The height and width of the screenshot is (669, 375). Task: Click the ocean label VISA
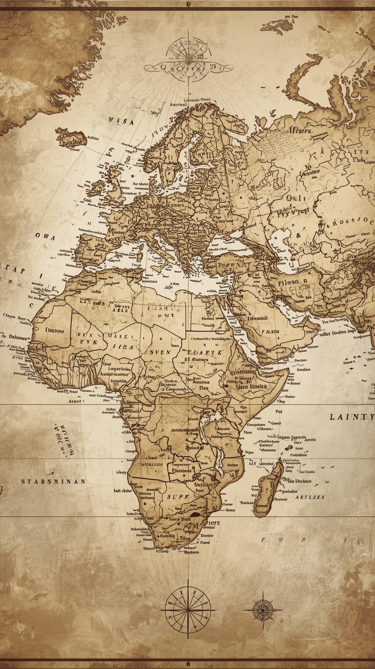tap(121, 121)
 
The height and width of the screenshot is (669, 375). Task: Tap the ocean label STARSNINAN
tap(54, 481)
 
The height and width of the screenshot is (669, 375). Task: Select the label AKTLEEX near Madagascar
tap(310, 498)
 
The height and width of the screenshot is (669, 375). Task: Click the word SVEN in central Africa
tap(160, 352)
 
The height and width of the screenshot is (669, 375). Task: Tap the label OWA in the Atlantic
tap(45, 236)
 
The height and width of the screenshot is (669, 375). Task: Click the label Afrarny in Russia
tap(299, 130)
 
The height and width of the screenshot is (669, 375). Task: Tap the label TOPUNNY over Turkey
tap(235, 264)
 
